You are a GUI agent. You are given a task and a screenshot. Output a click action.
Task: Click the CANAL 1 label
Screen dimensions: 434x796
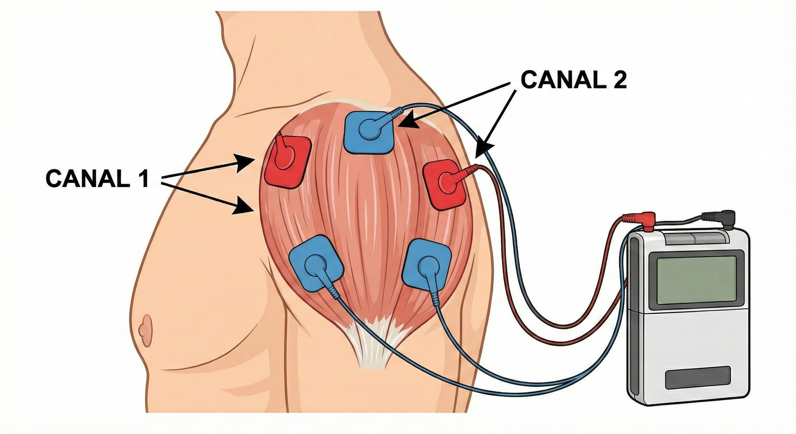97,179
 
